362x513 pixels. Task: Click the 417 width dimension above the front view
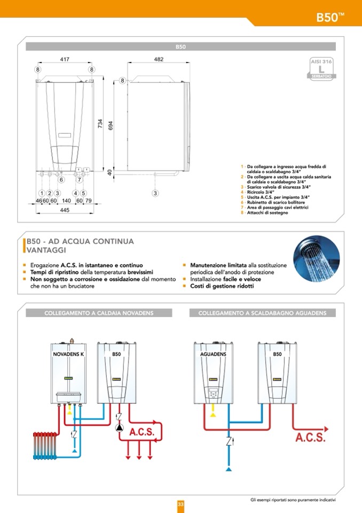point(65,59)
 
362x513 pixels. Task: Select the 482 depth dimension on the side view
point(159,59)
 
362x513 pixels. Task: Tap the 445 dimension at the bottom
point(65,210)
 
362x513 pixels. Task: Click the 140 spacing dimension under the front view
point(66,201)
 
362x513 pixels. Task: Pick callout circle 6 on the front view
point(61,180)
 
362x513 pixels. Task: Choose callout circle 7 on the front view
point(79,180)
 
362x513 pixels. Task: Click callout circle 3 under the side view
point(155,193)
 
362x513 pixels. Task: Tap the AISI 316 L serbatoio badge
point(321,69)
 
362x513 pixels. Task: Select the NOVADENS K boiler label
point(69,354)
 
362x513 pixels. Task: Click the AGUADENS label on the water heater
point(213,354)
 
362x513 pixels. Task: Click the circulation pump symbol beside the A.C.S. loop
point(120,428)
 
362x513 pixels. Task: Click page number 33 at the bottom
point(181,504)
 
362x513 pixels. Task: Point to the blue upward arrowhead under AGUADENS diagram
point(229,469)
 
